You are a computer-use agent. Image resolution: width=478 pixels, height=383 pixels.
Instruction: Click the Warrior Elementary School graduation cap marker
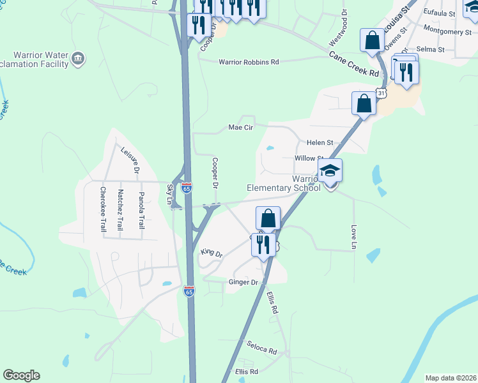click(330, 171)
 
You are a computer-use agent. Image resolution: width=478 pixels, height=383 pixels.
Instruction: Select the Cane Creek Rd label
click(354, 64)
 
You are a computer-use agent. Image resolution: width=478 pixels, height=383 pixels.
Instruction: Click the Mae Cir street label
click(241, 127)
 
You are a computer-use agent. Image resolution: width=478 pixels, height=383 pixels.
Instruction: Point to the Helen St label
click(320, 142)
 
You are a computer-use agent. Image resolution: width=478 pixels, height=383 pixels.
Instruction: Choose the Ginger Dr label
click(243, 282)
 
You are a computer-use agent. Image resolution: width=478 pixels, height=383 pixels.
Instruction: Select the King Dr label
click(212, 253)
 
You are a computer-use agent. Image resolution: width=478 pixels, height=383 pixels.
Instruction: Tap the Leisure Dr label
click(129, 160)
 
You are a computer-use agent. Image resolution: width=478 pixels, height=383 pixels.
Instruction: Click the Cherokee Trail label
click(102, 208)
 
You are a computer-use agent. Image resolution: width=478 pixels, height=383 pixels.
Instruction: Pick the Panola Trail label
click(141, 210)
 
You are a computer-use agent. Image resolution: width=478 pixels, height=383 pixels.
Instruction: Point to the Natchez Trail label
click(119, 209)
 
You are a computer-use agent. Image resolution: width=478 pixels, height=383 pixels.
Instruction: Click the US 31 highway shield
click(382, 94)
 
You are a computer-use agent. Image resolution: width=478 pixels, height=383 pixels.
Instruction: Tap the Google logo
click(21, 375)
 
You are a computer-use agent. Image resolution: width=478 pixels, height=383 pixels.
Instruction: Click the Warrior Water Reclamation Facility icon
click(79, 59)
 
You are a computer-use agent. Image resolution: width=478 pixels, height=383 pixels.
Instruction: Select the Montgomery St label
click(447, 31)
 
